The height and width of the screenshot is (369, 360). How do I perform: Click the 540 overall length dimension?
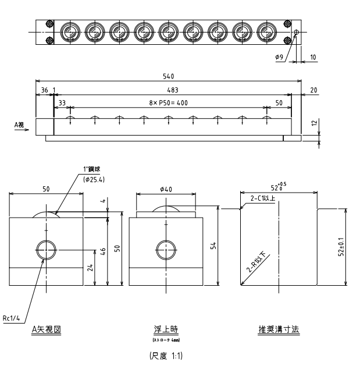[x=169, y=76]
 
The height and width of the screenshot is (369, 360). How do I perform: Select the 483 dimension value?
[x=172, y=90]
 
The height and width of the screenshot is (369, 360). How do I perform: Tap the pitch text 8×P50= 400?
[x=169, y=103]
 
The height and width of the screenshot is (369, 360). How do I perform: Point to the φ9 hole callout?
[x=280, y=58]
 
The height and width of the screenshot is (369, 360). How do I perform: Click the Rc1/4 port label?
[x=12, y=318]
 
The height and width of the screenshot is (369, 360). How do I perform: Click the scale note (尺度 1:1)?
[x=167, y=354]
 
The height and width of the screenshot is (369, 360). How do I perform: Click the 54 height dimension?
[x=212, y=246]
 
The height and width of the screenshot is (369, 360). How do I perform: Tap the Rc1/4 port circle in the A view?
[x=47, y=250]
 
